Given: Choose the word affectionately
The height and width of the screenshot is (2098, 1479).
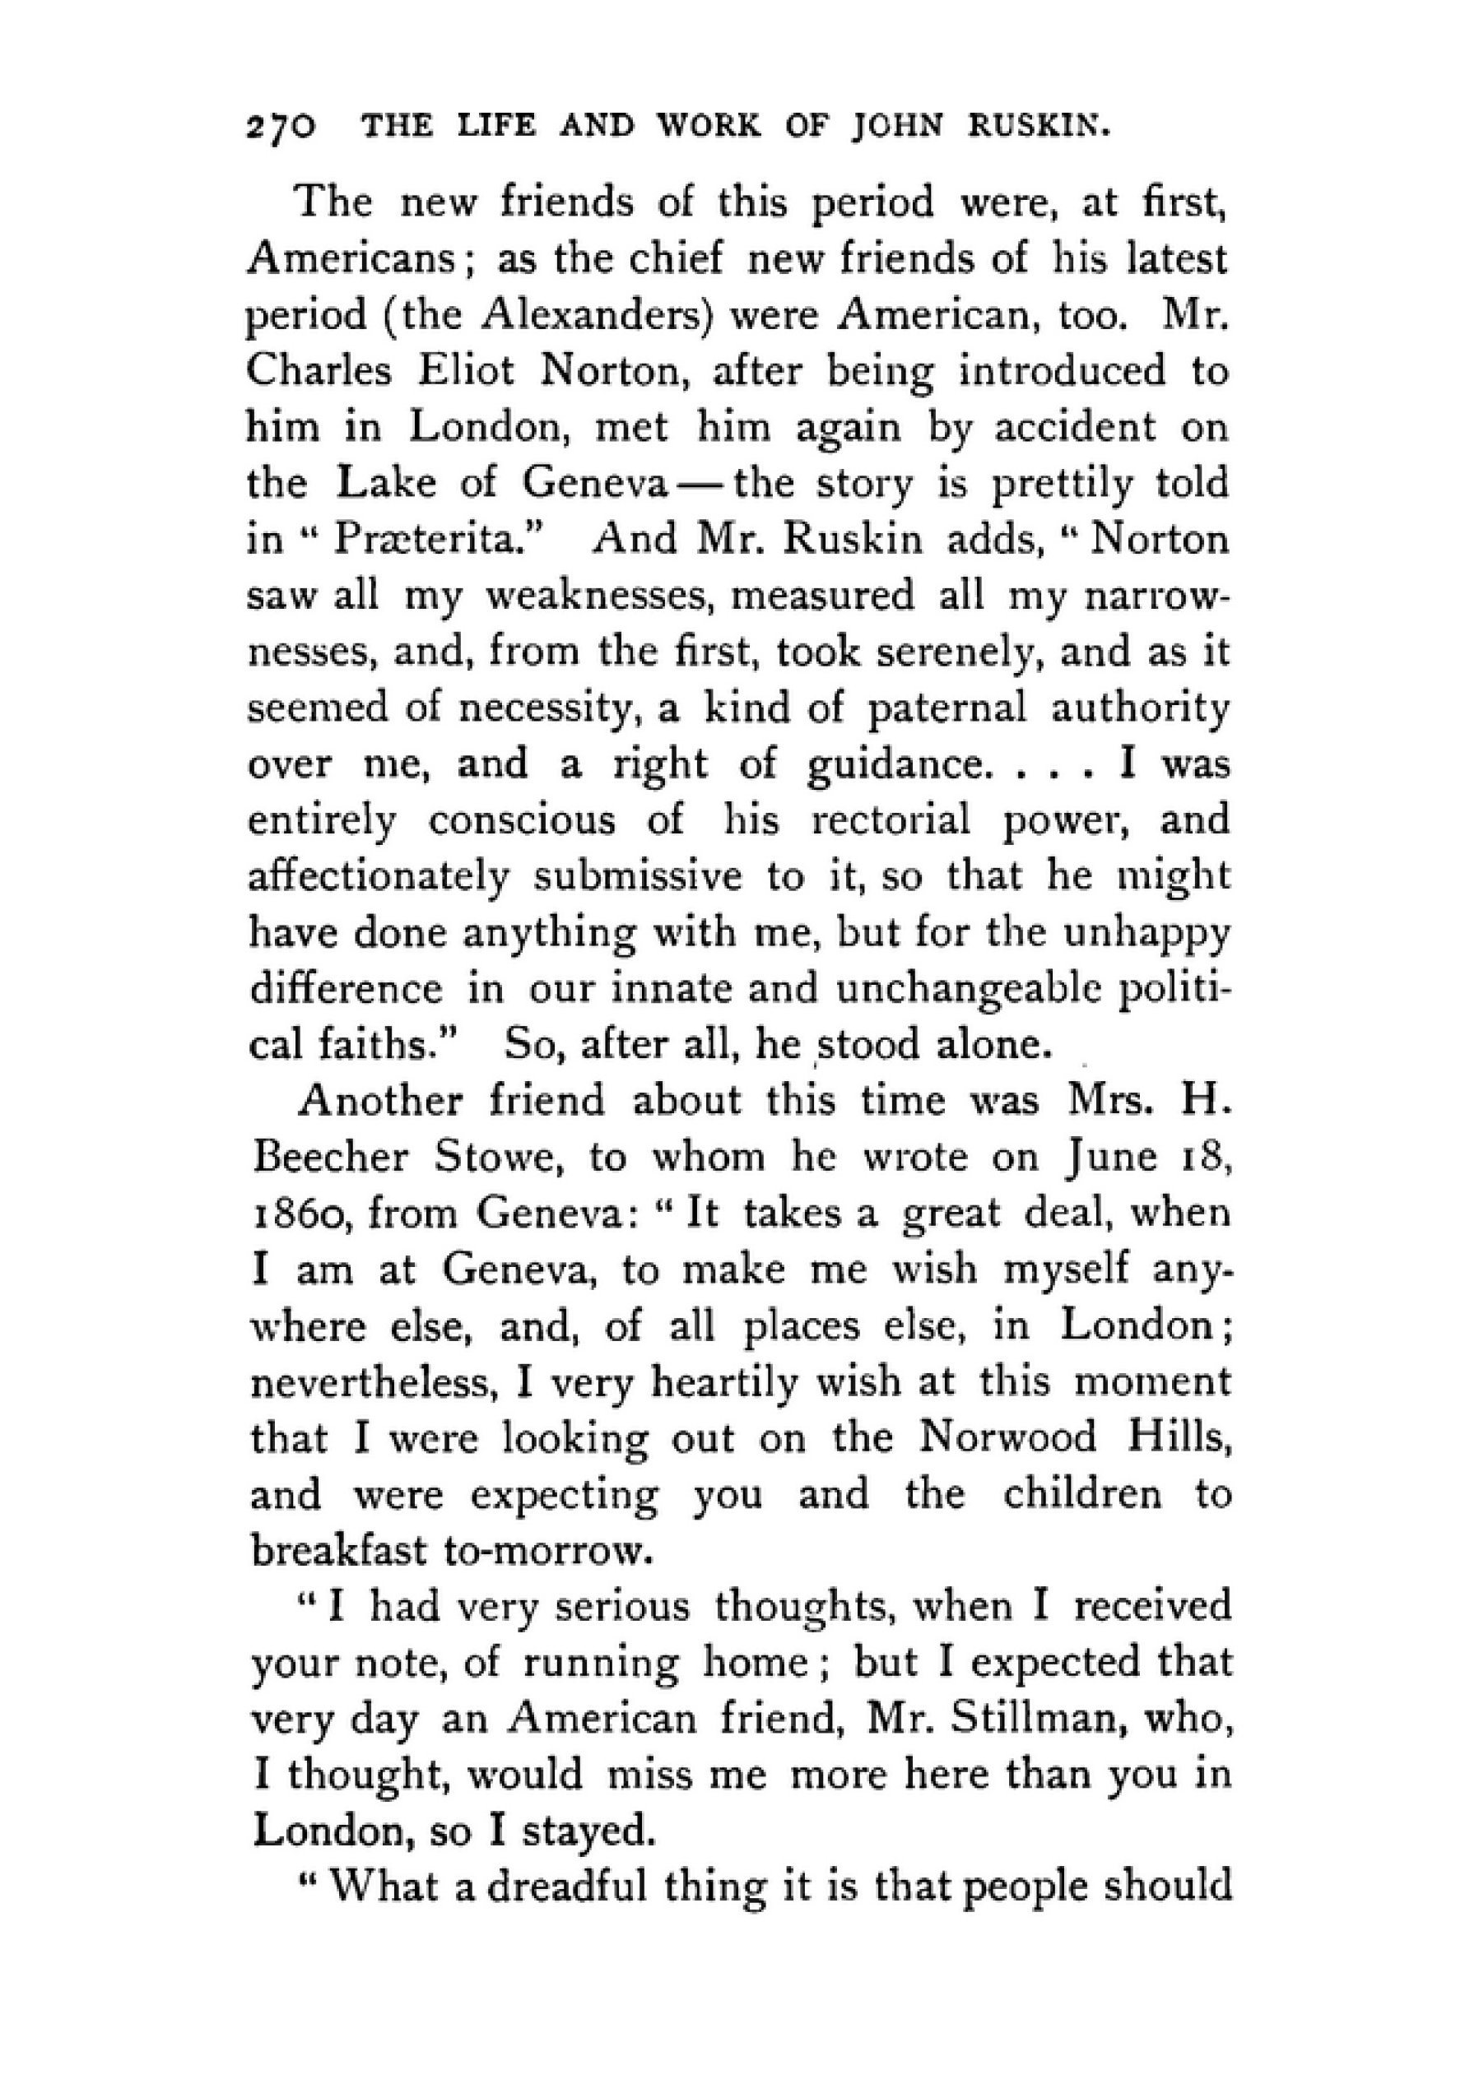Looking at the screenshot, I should tap(379, 877).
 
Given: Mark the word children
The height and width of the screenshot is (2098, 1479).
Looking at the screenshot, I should tap(1082, 1495).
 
